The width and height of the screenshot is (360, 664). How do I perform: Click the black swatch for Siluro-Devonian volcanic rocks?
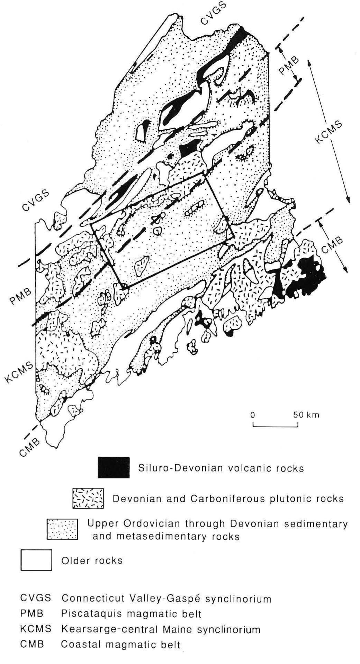point(114,468)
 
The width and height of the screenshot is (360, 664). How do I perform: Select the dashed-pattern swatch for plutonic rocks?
point(88,499)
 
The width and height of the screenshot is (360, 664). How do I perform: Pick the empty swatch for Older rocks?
point(36,560)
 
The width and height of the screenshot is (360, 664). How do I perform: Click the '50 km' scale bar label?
point(306,415)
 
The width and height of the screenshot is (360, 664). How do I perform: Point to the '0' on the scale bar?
point(253,415)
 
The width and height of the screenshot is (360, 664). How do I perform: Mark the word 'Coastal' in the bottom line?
point(79,645)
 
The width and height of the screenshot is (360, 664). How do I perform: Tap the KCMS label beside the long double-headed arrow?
point(328,131)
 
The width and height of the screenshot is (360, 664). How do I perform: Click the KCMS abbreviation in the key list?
point(36,629)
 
